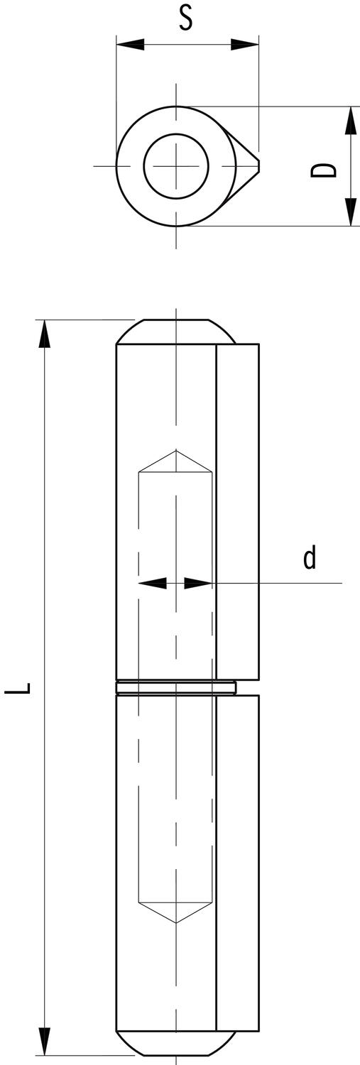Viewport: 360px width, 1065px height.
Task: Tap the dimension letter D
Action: point(324,170)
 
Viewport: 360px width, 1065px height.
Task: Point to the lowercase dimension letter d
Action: point(310,558)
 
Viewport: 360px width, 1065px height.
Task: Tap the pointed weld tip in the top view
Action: point(257,166)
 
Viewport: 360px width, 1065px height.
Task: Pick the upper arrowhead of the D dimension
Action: point(350,120)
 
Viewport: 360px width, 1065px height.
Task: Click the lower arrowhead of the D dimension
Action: point(350,212)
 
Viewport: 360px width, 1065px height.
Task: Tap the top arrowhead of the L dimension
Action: point(45,334)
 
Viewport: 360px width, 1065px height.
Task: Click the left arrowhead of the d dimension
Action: point(152,583)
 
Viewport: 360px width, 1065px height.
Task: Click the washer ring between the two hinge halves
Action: point(175,687)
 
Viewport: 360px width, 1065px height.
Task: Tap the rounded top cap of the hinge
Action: point(176,332)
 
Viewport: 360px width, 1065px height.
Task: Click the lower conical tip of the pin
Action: point(176,912)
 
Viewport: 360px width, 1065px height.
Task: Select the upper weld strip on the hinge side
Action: point(237,511)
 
